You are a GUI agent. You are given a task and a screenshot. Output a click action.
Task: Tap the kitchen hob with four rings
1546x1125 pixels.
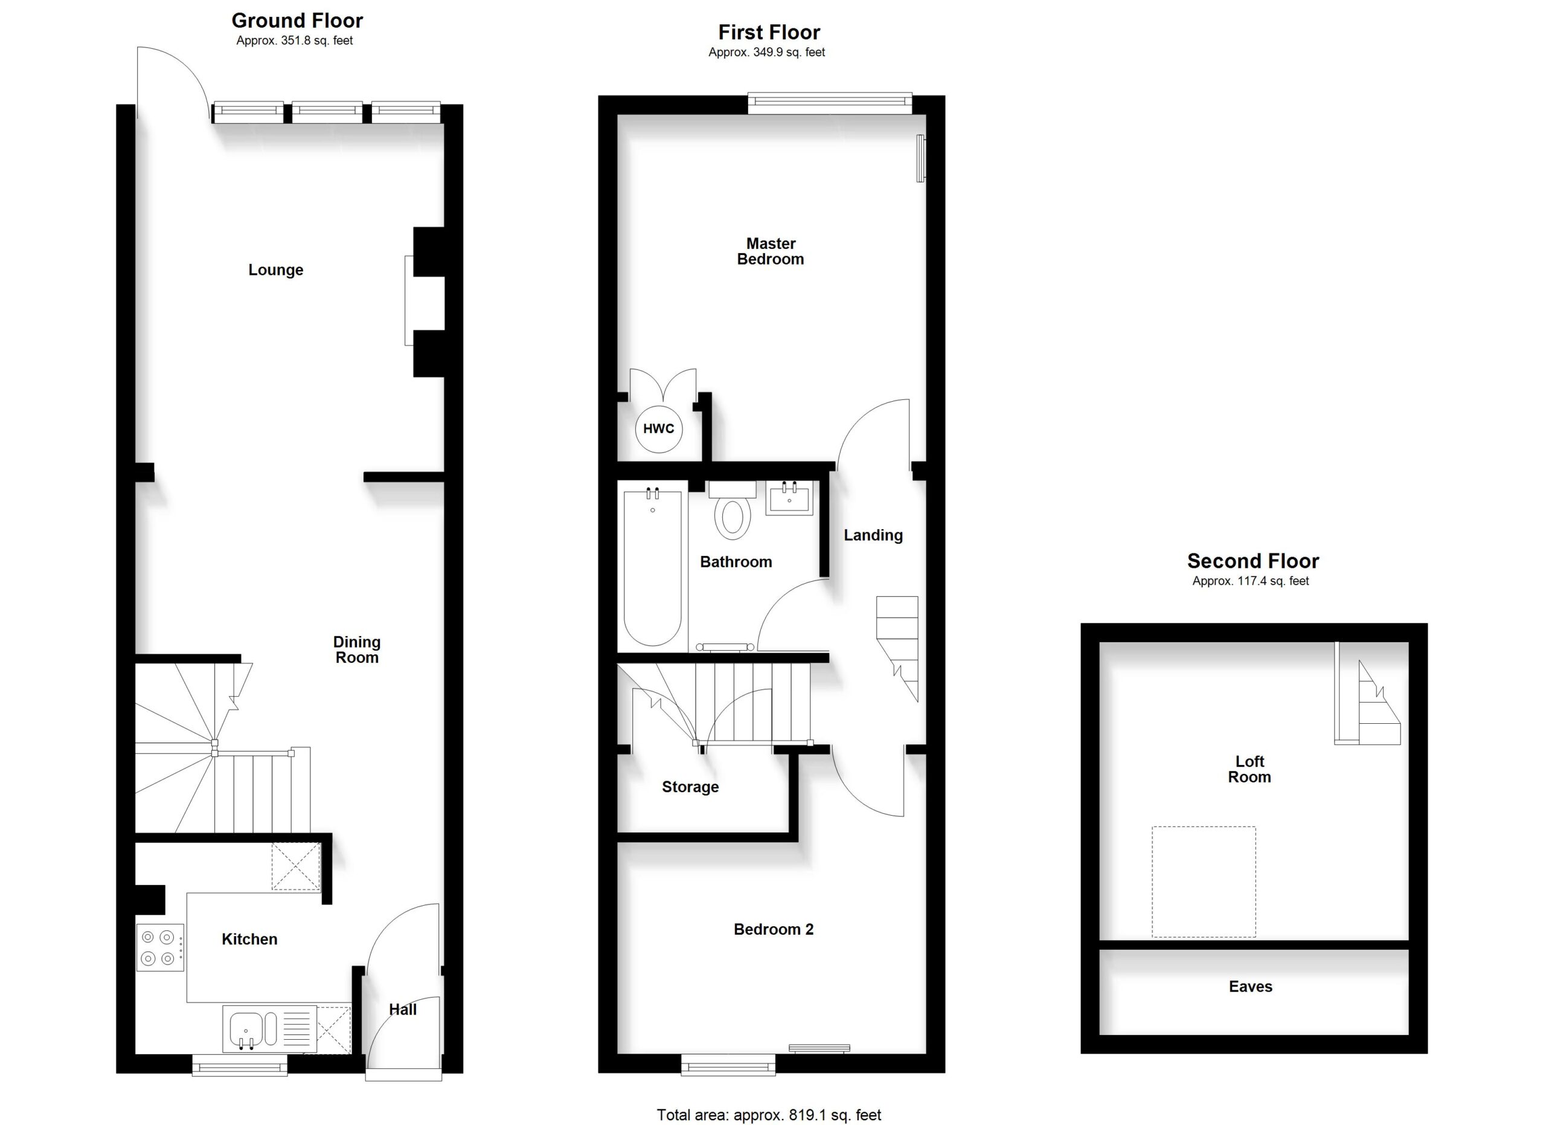tap(160, 947)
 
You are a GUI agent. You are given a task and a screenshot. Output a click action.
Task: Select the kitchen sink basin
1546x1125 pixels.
tap(245, 1028)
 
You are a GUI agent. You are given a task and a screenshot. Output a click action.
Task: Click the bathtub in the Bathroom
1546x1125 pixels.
tap(652, 567)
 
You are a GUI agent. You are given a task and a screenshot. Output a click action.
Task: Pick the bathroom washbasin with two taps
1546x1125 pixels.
tap(789, 498)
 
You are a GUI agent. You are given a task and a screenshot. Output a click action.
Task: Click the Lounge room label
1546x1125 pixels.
tap(275, 270)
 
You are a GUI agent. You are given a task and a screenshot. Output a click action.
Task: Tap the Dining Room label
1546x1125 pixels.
tap(356, 650)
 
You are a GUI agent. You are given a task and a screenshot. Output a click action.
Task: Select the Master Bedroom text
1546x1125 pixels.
tap(770, 251)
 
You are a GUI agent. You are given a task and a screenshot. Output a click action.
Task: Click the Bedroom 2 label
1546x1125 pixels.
tap(774, 929)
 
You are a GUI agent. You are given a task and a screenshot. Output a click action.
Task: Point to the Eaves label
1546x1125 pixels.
tap(1250, 987)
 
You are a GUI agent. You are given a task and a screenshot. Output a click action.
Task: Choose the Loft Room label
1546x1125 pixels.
tap(1249, 769)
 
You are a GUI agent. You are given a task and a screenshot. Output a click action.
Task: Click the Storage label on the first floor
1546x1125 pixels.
tap(690, 787)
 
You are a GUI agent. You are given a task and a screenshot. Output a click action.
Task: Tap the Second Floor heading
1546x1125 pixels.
tap(1253, 561)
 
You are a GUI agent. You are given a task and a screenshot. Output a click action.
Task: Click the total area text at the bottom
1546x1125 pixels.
tap(769, 1115)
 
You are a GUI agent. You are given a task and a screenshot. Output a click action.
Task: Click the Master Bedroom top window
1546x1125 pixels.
tap(830, 103)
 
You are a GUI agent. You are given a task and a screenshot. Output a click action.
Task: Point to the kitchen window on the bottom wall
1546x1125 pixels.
tap(240, 1065)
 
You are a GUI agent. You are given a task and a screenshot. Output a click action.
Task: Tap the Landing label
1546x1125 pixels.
tap(873, 536)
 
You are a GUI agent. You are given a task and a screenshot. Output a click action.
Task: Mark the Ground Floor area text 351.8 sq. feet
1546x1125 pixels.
tap(295, 41)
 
